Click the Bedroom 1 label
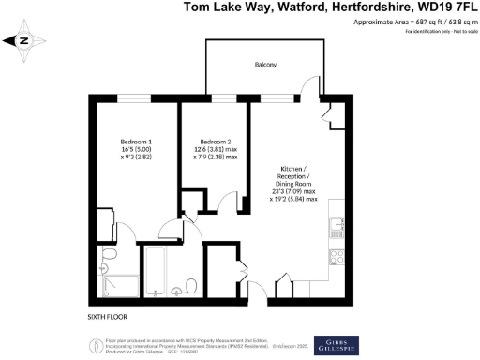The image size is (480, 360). coord(131,141)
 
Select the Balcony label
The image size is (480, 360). coord(265,65)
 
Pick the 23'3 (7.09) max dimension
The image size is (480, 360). coord(293,191)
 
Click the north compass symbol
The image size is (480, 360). coord(25,41)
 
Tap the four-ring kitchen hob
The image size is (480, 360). coord(334,257)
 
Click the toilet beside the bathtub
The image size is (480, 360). coord(189,285)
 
